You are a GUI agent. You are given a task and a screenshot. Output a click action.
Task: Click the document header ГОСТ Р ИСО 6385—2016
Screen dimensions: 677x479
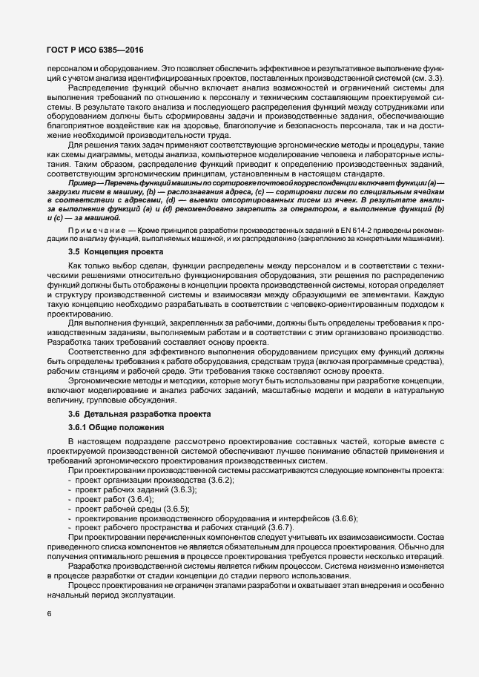pos(85,49)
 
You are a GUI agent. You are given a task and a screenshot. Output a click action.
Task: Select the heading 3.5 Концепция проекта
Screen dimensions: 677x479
pos(105,251)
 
